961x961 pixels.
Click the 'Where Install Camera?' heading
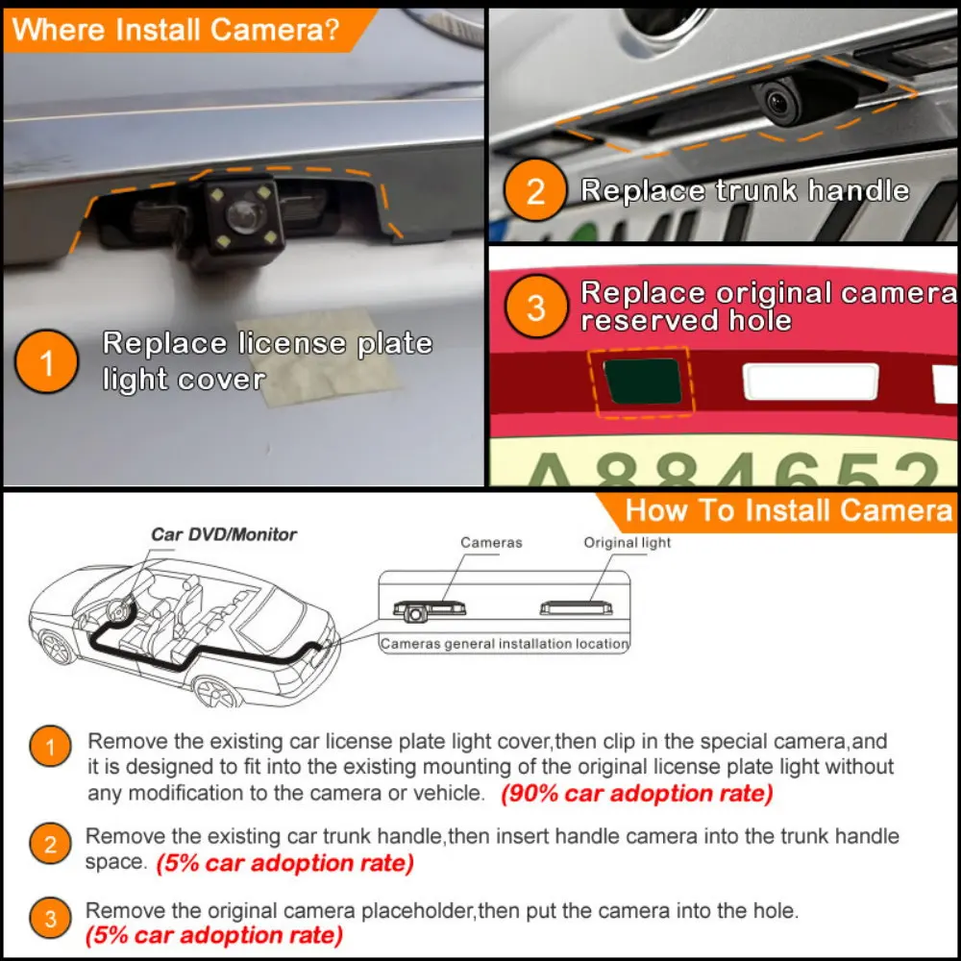[x=176, y=29]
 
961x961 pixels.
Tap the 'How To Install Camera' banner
[x=788, y=510]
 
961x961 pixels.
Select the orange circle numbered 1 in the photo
[x=47, y=362]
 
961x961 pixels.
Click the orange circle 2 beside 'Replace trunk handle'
[x=535, y=191]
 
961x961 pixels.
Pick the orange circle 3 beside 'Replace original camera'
[x=535, y=308]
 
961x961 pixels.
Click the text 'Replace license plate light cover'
[x=267, y=361]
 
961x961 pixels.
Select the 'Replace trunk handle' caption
[x=744, y=190]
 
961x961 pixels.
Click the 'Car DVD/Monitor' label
[x=224, y=534]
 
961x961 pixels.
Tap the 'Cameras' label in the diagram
[x=491, y=543]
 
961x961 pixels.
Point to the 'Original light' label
[x=628, y=543]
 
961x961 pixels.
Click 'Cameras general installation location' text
[x=505, y=644]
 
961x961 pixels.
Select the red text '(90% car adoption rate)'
[x=636, y=794]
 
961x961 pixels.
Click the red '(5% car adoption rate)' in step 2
[x=284, y=863]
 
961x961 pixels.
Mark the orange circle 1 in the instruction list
[x=50, y=747]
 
